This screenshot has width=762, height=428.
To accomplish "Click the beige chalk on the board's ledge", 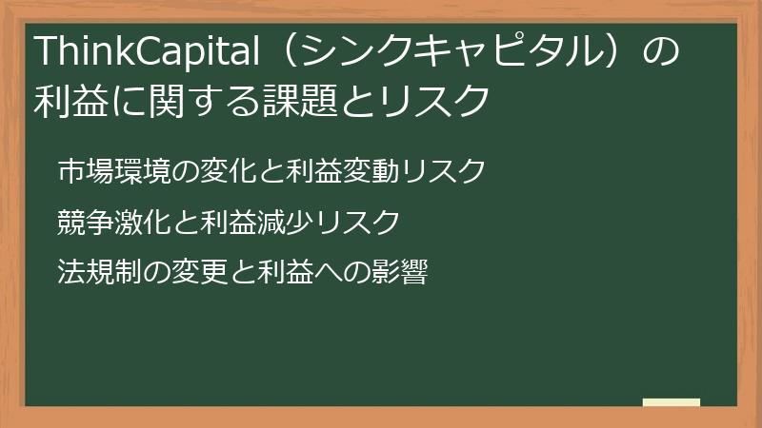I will pyautogui.click(x=671, y=403).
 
